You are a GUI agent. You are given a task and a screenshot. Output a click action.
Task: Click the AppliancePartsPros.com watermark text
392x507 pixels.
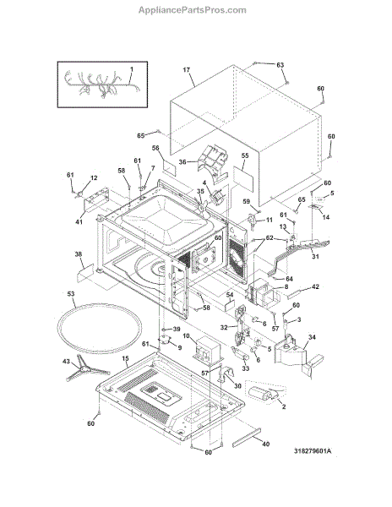pos(193,10)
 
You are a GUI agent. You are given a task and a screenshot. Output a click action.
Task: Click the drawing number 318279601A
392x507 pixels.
pos(313,451)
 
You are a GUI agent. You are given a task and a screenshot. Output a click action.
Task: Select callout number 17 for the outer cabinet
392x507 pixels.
pos(186,70)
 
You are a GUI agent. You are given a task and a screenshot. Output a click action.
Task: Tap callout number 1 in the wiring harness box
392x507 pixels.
pos(132,69)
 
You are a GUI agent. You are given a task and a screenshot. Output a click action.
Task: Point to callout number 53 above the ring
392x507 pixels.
pos(70,294)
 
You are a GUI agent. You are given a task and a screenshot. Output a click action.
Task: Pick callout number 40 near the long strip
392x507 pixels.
pos(265,444)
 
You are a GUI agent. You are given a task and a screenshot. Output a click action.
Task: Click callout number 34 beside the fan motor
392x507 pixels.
pos(312,337)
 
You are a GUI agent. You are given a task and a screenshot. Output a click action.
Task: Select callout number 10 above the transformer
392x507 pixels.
pos(186,336)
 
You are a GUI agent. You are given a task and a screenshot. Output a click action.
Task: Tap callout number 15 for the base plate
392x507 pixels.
pos(125,358)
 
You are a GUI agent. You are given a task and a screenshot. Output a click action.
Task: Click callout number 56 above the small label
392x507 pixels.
pos(155,148)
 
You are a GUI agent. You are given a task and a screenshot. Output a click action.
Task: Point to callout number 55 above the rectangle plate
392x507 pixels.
pos(245,155)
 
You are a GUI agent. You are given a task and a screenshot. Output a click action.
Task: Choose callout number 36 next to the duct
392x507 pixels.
pos(182,161)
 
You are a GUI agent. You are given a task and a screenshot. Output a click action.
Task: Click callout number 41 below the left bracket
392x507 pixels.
pos(79,221)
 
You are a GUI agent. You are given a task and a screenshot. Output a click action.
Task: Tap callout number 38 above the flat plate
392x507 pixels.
pos(79,254)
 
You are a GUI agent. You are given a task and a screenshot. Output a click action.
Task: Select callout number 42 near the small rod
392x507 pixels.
pos(315,286)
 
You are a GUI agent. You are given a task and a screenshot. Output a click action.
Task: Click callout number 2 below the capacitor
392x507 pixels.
pos(284,406)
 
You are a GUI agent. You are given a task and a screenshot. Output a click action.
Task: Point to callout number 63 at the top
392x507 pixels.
pos(280,65)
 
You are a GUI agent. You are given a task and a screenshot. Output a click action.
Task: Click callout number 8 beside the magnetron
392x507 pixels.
pos(286,286)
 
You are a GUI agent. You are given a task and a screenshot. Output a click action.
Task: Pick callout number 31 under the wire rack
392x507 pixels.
pos(315,256)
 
